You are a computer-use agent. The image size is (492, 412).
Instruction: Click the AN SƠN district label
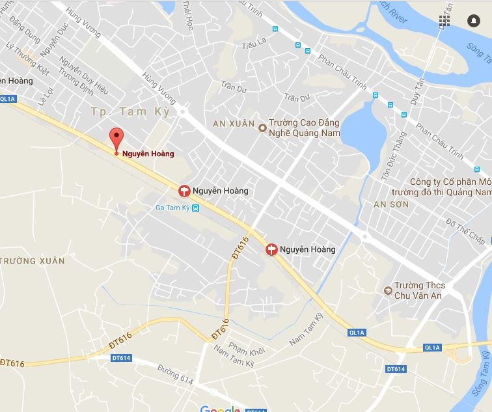(x=390, y=204)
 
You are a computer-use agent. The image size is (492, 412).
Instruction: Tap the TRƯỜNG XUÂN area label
(x=33, y=261)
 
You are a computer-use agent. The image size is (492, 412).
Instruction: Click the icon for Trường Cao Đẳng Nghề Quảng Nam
(x=262, y=127)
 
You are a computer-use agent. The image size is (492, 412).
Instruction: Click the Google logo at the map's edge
(x=220, y=408)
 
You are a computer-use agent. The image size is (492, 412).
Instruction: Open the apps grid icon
(x=444, y=21)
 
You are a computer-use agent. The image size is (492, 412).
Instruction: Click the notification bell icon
(x=473, y=21)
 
